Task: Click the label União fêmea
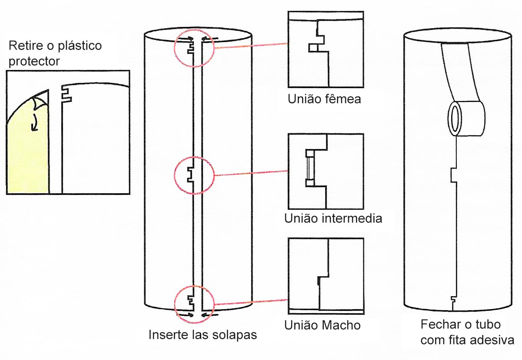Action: coord(324,99)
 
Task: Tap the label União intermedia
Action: coord(333,218)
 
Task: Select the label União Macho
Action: coord(323,325)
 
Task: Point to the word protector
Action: coord(34,61)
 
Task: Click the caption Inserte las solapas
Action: coord(203,335)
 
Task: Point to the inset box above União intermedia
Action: coord(326,172)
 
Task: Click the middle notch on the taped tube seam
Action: coord(454,175)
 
